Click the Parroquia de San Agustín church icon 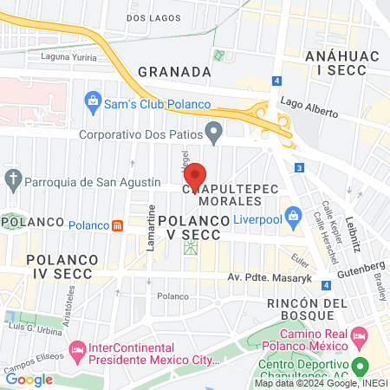[x=13, y=181]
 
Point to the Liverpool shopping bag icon [x=294, y=214]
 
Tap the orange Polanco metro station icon [x=117, y=225]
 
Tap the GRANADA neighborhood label [x=174, y=71]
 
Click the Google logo [x=29, y=379]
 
